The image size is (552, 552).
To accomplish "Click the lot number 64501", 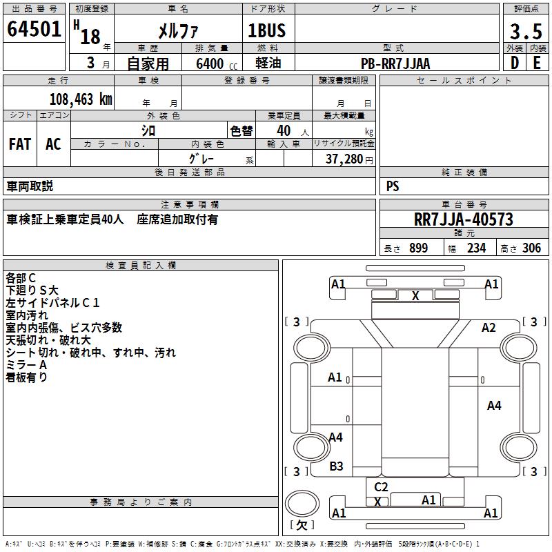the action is coord(34,29).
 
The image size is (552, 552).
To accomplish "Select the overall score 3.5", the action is coord(526,32).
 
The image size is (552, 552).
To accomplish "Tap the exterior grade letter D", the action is coord(515,63).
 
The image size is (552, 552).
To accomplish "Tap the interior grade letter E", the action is coord(537,63).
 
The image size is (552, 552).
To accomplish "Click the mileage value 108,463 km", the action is coord(81,99).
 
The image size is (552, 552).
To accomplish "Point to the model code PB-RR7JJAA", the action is coord(395,63).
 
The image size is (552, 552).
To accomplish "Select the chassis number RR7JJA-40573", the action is coord(464,219).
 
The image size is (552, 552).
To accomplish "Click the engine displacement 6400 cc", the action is coord(217,63).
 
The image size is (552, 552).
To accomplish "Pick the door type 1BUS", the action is coord(267,30).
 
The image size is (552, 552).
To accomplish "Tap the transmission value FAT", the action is coord(20,144).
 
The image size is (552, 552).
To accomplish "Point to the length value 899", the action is coord(419,248).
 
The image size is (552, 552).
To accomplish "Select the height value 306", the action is coord(531,248).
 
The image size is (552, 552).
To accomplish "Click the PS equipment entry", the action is coord(393,186).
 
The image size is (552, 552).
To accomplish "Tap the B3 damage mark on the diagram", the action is coord(336,466).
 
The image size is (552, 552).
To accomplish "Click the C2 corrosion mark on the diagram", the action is coord(381,486).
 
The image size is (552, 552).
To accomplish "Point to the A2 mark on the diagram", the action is coord(489,327).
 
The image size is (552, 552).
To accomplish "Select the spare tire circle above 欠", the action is coord(302,504).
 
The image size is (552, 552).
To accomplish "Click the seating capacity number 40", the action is coord(284,130).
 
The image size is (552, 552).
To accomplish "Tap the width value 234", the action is coord(476,248).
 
